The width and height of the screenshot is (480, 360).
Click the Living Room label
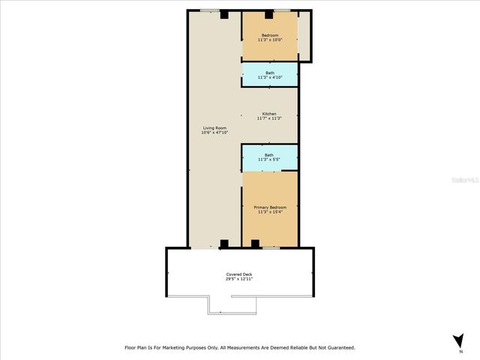(x=214, y=127)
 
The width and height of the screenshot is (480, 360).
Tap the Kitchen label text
(x=269, y=113)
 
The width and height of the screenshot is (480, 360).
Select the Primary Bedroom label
(x=270, y=207)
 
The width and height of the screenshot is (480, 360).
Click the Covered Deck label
(x=239, y=274)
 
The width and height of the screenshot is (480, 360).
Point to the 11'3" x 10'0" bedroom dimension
(x=269, y=40)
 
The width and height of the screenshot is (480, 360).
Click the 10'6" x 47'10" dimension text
(x=214, y=132)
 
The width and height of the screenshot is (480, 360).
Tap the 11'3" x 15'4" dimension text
(x=270, y=211)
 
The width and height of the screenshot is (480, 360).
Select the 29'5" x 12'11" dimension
(x=239, y=279)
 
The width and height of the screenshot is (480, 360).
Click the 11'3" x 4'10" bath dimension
(x=269, y=77)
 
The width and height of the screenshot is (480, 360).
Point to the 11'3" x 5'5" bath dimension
(x=269, y=159)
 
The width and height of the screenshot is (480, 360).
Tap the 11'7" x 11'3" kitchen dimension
(x=269, y=118)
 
